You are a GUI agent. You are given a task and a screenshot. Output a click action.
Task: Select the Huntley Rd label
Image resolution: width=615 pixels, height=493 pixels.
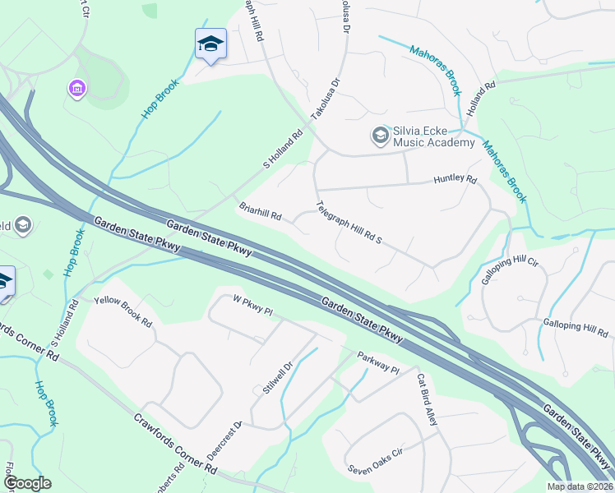coord(455,179)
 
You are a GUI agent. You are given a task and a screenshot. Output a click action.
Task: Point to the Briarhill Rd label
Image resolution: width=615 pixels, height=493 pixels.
coord(261,212)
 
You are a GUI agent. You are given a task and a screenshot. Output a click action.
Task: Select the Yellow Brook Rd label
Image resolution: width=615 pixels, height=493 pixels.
coord(123,311)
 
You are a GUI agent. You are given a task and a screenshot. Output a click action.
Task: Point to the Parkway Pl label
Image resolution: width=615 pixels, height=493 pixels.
coord(377,363)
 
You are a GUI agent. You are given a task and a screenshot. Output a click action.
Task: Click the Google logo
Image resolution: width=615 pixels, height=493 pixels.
coord(26,483)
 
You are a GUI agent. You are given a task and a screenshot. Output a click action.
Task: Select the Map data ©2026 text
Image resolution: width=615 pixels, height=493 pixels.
coord(579,486)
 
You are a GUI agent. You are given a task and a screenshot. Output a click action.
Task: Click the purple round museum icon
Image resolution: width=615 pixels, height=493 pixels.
coord(77,87)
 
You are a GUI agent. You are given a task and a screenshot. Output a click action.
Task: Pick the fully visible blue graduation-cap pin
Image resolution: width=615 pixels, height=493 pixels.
coord(210,44)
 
